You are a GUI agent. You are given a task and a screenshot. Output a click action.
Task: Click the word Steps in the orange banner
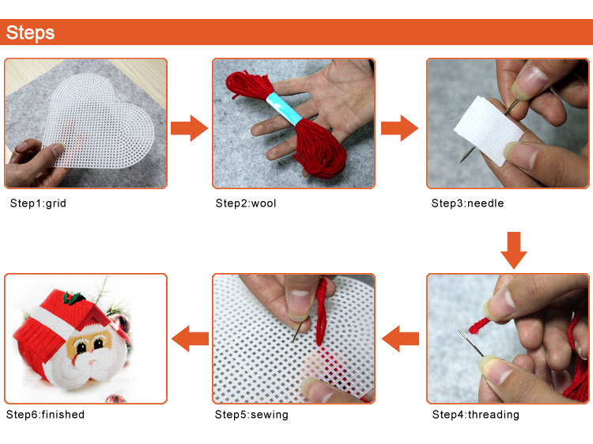coord(30,32)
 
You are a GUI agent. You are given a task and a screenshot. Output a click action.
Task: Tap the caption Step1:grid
coord(38,203)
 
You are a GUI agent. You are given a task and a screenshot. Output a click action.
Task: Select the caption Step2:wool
coord(246,203)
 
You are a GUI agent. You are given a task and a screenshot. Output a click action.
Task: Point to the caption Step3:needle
coord(467,203)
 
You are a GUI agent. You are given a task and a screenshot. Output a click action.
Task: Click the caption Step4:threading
coord(476,415)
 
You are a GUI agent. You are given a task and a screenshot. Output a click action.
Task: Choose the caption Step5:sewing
coord(251,415)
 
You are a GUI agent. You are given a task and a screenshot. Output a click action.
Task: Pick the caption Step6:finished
coord(45,415)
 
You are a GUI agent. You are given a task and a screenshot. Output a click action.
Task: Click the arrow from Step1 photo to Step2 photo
coord(189,128)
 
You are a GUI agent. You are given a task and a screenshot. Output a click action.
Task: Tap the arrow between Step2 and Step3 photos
coord(399,128)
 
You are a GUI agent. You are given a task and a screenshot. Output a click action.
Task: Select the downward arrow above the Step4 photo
coord(514,250)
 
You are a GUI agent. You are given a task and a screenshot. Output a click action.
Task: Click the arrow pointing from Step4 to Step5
coord(401,339)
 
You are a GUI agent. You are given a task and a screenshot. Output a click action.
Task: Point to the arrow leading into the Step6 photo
coord(191,339)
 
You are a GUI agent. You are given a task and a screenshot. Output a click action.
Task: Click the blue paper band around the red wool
coord(285,108)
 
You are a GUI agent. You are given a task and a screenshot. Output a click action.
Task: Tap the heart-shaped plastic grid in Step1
coord(98,121)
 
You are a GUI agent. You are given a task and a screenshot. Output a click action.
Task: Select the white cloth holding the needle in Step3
coord(489,129)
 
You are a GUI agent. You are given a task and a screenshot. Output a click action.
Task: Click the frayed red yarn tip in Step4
coord(478,326)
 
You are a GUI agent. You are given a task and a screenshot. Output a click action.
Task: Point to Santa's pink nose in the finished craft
coord(92,363)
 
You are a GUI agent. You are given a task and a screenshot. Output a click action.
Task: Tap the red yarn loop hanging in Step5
coord(322,310)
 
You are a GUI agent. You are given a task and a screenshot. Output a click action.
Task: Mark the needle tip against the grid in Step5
coord(294,340)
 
